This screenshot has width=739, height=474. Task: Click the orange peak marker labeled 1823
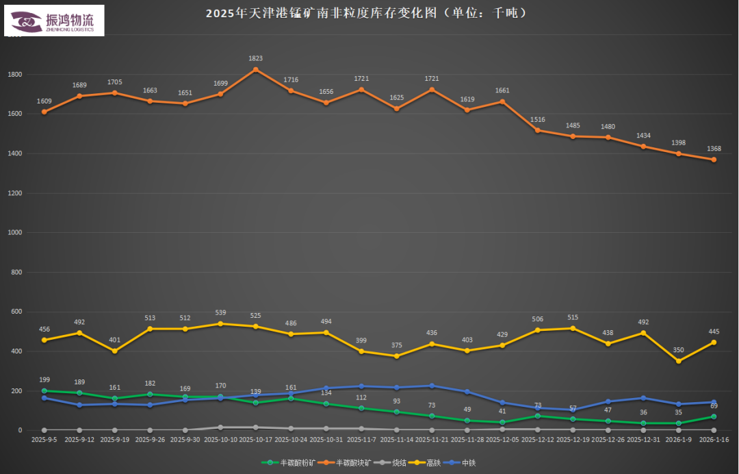[x=256, y=69]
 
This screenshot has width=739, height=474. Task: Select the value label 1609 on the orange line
[x=44, y=101]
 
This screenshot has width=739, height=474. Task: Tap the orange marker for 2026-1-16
[x=714, y=160]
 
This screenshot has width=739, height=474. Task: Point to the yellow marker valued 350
[x=679, y=361]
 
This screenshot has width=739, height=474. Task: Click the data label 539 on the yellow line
[x=220, y=312]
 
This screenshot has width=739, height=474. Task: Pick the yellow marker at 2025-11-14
[x=397, y=356]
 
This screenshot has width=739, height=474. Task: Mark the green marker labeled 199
[x=44, y=391]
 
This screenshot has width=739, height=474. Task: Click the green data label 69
[x=714, y=406]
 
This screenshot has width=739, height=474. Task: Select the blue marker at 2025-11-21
[x=432, y=386]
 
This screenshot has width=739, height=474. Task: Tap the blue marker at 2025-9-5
[x=44, y=398]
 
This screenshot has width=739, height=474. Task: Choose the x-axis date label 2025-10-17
[x=256, y=440]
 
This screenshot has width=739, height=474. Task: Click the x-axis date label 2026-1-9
[x=679, y=440]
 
